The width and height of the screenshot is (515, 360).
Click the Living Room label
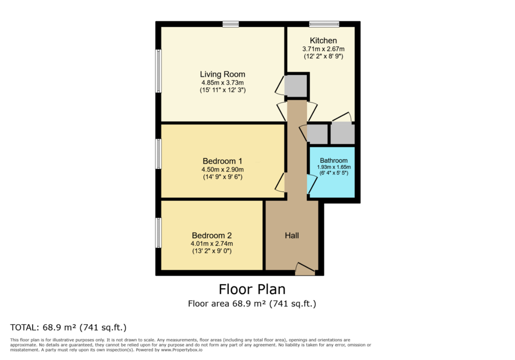(x=222, y=74)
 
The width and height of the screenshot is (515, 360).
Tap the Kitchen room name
(x=323, y=40)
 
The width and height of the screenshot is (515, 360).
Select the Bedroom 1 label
(x=222, y=161)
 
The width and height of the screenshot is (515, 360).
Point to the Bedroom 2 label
(x=212, y=235)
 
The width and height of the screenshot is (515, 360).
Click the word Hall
(x=292, y=235)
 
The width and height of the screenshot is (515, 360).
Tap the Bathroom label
(x=334, y=160)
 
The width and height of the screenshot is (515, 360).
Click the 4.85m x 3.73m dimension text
(x=222, y=83)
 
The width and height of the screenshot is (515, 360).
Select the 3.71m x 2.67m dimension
(x=323, y=49)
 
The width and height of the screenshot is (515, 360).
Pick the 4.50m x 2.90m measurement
(x=222, y=169)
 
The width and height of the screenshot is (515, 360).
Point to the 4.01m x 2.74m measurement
(x=212, y=244)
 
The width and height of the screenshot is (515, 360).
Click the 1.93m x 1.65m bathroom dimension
(x=334, y=167)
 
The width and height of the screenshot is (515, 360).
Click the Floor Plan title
(x=252, y=290)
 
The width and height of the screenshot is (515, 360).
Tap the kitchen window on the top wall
(x=324, y=24)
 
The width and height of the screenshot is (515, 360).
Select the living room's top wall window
(x=230, y=24)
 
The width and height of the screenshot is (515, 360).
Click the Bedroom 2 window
(x=158, y=233)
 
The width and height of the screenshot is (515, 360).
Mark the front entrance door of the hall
(x=305, y=269)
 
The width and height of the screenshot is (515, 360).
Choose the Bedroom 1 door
(x=280, y=183)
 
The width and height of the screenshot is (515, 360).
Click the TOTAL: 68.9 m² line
(x=68, y=327)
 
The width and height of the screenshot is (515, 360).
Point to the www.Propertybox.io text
(x=182, y=350)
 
